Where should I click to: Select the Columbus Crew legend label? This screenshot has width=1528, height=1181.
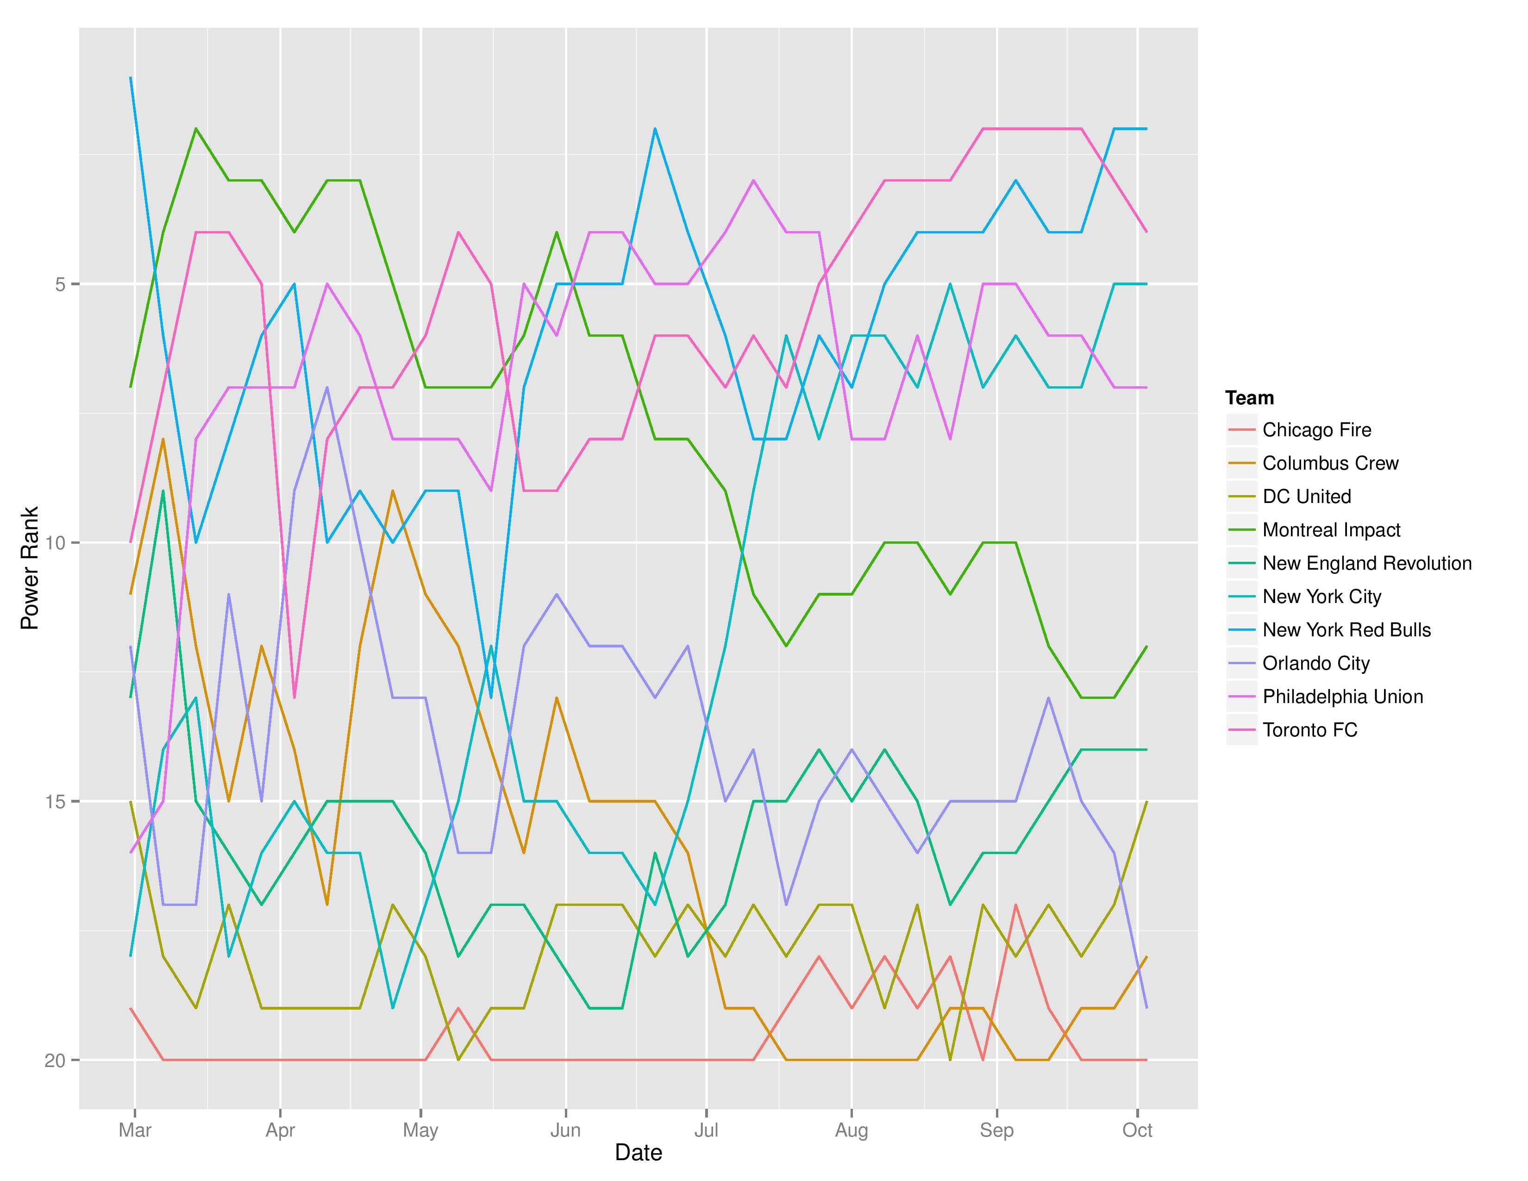click(1330, 463)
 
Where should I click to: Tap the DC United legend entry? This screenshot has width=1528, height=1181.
click(1306, 497)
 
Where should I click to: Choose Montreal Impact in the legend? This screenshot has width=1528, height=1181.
click(1331, 530)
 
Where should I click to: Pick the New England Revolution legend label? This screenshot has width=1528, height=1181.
click(1366, 563)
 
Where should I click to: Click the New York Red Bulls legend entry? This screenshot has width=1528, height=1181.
click(1346, 630)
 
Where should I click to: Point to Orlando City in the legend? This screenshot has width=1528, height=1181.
click(1315, 663)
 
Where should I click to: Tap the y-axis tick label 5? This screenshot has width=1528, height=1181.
click(59, 284)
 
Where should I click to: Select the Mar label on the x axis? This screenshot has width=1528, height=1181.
click(135, 1130)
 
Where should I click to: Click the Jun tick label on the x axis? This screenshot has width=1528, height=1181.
click(565, 1130)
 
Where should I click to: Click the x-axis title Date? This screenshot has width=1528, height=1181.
click(638, 1152)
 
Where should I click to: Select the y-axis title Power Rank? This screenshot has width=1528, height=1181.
click(29, 568)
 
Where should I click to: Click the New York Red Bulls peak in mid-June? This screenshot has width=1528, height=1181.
click(655, 129)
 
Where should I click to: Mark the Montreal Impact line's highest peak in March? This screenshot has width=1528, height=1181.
click(197, 129)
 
